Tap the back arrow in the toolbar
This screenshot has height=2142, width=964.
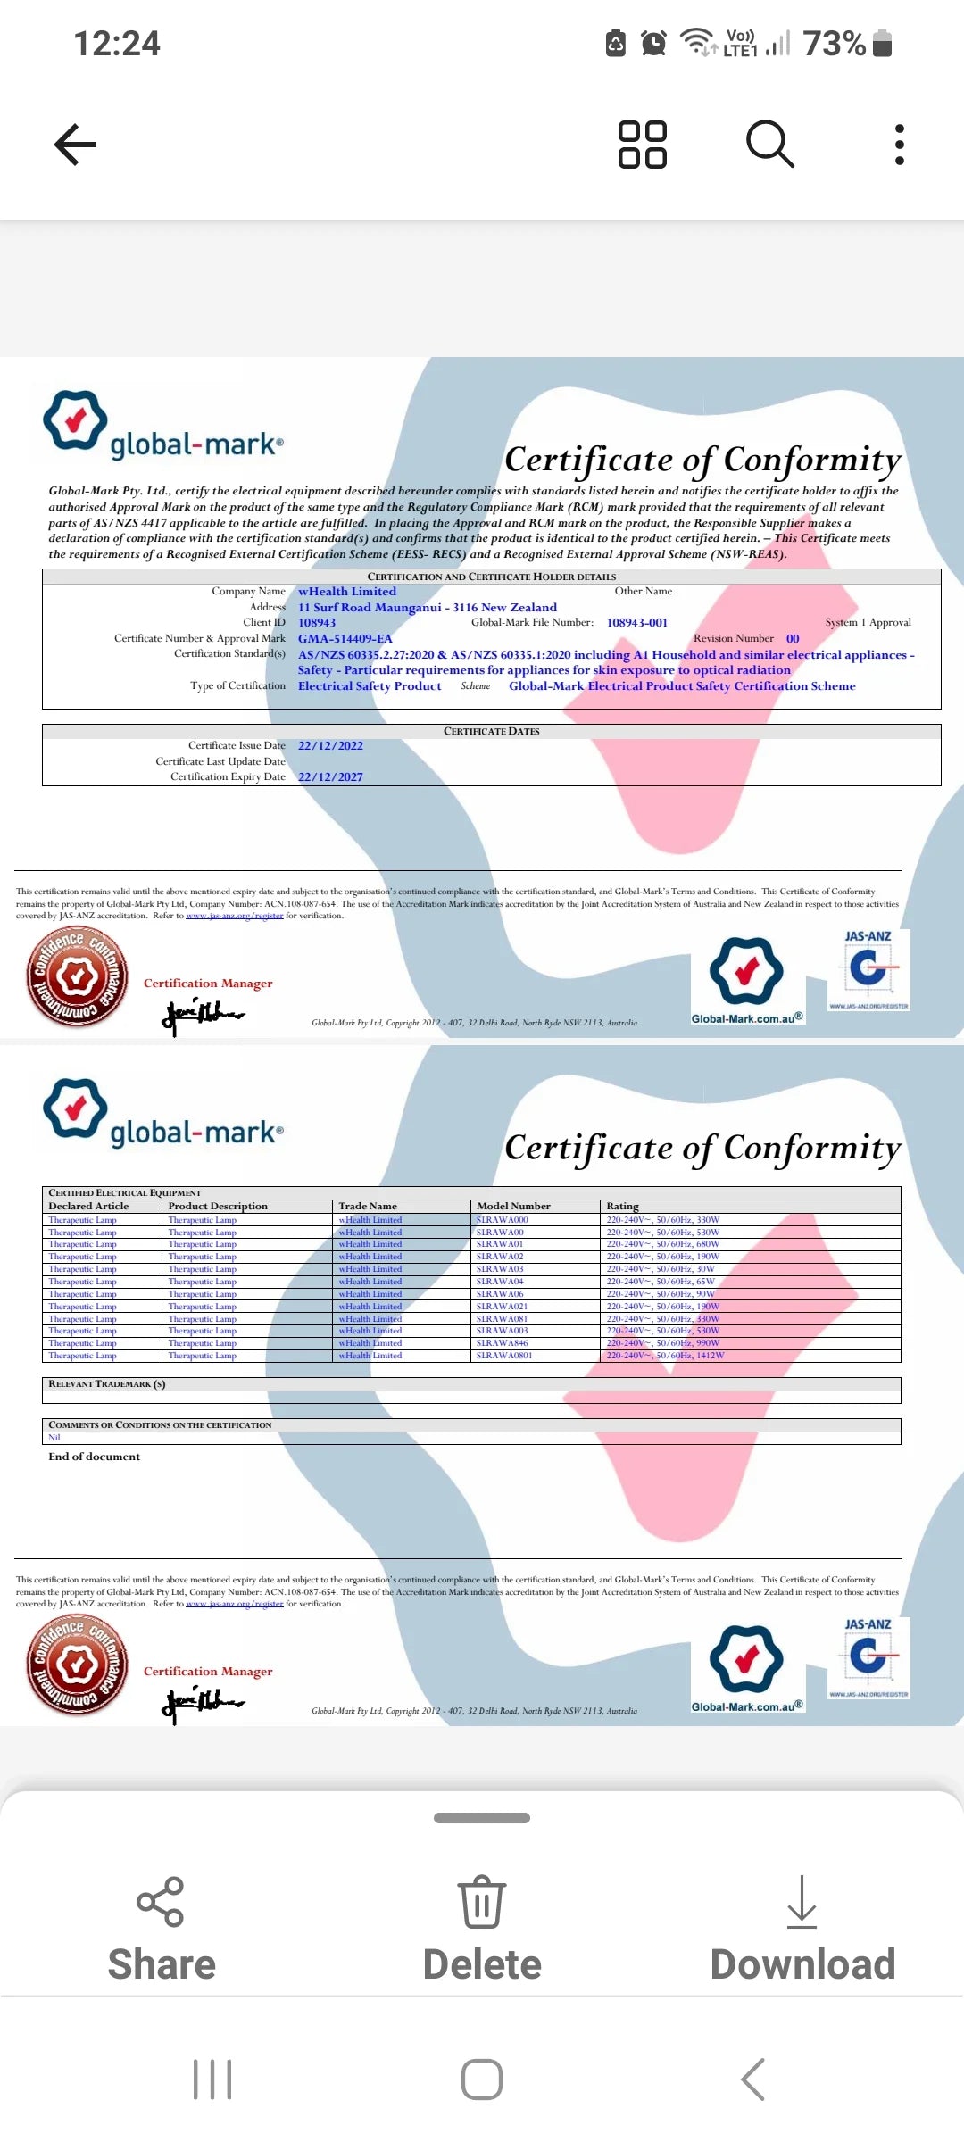(x=76, y=145)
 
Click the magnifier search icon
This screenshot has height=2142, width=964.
(x=769, y=145)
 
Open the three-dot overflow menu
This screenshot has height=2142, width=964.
(x=899, y=145)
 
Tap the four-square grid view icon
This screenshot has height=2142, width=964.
(x=643, y=145)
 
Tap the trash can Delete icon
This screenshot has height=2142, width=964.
(x=482, y=1903)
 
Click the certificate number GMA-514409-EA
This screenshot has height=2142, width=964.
(x=345, y=639)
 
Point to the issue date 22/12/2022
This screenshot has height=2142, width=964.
(x=330, y=746)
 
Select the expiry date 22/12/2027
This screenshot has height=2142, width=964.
(x=330, y=777)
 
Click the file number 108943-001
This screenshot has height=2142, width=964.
(x=637, y=623)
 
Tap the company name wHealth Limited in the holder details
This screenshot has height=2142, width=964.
(x=347, y=592)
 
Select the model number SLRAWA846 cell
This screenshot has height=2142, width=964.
(x=503, y=1343)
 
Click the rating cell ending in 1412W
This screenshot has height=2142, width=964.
(x=666, y=1356)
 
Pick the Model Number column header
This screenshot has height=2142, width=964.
(x=514, y=1207)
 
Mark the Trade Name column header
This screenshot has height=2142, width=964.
(x=368, y=1207)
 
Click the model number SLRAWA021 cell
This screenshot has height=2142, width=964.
(x=503, y=1307)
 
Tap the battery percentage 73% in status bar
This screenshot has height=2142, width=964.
(x=835, y=43)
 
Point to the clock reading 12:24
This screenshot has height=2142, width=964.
(x=117, y=43)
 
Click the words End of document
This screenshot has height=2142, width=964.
(x=95, y=1457)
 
